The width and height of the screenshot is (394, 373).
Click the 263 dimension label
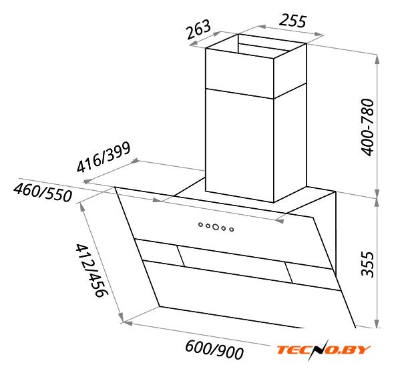[x=198, y=29]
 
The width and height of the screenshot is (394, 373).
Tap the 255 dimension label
[x=292, y=21]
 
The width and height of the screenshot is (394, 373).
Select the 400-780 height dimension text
[x=367, y=127]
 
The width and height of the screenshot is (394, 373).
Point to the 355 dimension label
[x=367, y=264]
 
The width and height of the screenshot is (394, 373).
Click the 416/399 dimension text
[x=104, y=157]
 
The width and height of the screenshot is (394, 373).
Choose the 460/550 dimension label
[x=43, y=193]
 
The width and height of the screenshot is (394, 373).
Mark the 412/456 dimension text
[x=91, y=271]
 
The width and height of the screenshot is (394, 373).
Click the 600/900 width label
[x=214, y=350]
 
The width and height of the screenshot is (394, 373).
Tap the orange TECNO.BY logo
[x=324, y=350]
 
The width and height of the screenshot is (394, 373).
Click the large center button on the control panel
[x=215, y=227]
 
